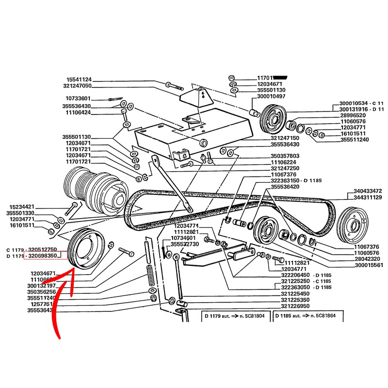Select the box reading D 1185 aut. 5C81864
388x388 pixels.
pos(308,316)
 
